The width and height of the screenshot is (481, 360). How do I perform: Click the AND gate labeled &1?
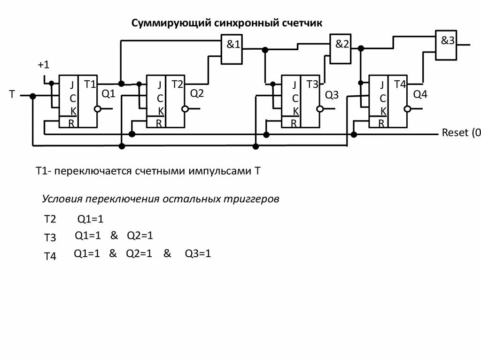click(x=233, y=51)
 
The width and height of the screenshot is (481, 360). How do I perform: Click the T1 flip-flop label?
click(x=90, y=84)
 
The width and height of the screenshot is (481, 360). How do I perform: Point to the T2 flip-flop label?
click(x=178, y=84)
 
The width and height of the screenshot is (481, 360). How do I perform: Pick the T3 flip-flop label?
click(x=312, y=84)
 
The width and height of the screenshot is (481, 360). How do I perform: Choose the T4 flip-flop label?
click(x=400, y=84)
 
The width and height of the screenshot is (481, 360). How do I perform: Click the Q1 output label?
click(x=109, y=94)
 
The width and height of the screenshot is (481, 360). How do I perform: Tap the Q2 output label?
click(x=197, y=93)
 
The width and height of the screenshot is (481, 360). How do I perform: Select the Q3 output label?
click(x=332, y=95)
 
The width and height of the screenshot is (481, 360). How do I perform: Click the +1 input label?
click(x=43, y=64)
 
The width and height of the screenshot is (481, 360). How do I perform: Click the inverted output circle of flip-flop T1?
click(x=97, y=109)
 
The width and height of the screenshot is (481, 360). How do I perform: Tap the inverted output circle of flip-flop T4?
click(x=408, y=109)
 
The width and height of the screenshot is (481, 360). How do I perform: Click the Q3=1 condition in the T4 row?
click(x=198, y=254)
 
